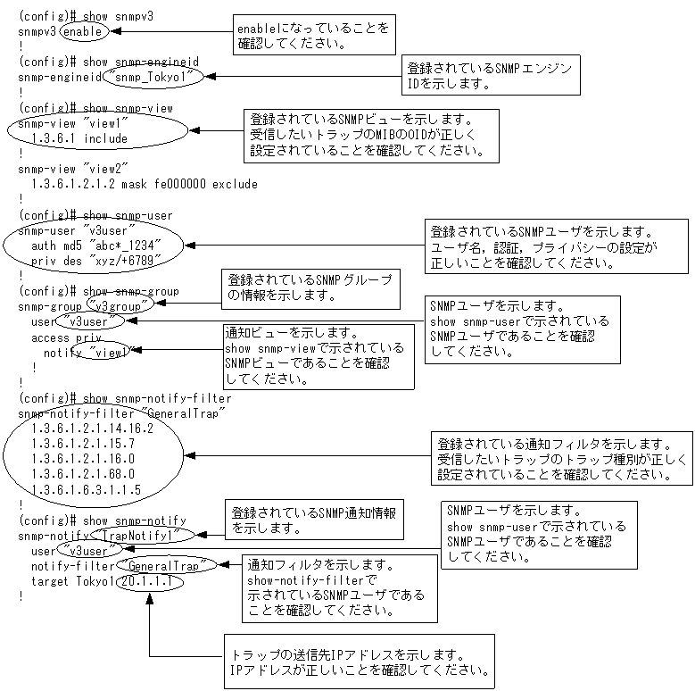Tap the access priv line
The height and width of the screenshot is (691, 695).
click(66, 338)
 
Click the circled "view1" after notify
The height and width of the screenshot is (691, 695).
click(111, 353)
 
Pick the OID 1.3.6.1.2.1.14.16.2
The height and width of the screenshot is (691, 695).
click(92, 428)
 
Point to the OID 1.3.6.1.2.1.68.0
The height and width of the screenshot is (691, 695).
click(82, 474)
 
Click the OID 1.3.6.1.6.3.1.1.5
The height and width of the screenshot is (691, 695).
click(86, 489)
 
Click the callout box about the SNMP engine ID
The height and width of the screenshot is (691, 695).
click(487, 75)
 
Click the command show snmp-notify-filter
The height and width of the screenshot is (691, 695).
click(157, 398)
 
